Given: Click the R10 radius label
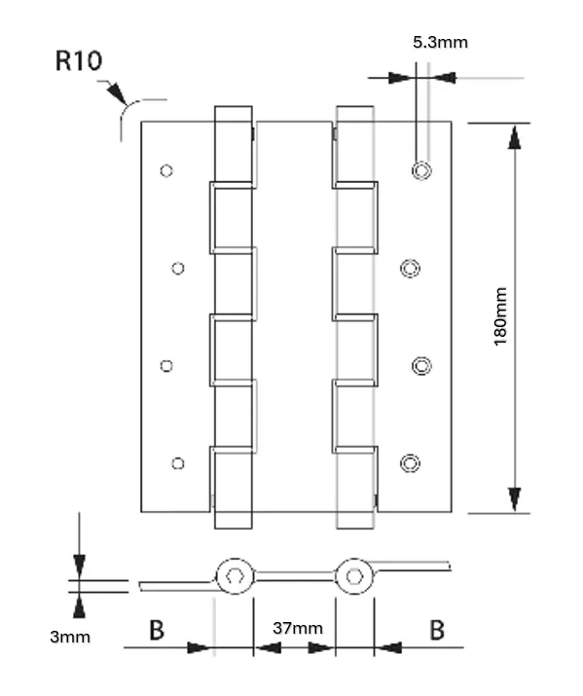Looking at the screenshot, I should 78,61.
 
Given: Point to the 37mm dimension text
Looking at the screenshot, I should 297,629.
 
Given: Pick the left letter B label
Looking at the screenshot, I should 156,630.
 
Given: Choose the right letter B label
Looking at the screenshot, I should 437,630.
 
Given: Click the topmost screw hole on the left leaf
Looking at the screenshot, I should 166,171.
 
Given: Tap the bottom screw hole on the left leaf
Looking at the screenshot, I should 177,462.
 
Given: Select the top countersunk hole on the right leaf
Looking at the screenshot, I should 421,171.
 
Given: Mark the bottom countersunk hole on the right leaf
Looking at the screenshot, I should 411,462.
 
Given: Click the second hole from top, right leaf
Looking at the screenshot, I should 411,268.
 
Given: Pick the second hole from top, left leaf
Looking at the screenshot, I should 177,268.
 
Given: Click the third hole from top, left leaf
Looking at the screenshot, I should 166,366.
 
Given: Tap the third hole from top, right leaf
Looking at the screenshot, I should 421,366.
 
